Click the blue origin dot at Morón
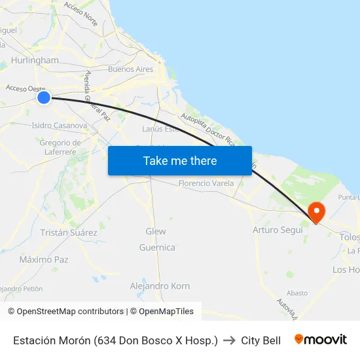[44, 98]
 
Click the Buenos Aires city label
[130, 69]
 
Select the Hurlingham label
[35, 60]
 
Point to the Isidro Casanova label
[60, 125]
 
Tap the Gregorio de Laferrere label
[60, 147]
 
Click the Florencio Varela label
[206, 183]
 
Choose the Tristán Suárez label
[69, 232]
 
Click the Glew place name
[156, 231]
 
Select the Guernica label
[157, 247]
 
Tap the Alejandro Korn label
[160, 286]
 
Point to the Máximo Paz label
[44, 259]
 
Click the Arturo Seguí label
[278, 230]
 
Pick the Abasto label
[297, 293]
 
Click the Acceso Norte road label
[81, 14]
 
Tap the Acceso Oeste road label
[25, 88]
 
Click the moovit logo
[321, 340]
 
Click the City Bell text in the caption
[261, 340]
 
